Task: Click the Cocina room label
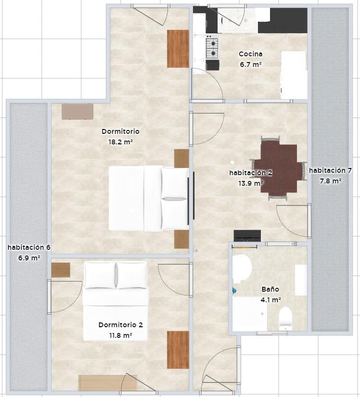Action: coord(250,54)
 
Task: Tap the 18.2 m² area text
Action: coord(121,142)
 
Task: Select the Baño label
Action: coord(270,289)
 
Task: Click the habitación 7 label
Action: coord(330,171)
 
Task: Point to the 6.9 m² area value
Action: coord(29,258)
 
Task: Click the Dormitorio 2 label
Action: coord(120,325)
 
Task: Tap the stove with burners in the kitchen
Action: coord(212,48)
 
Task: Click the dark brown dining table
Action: coord(279,168)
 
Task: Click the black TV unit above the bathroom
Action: coord(247,236)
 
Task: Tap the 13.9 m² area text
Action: coord(251,183)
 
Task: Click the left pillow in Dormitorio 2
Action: coord(100,275)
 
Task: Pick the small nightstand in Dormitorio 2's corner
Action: coord(61,270)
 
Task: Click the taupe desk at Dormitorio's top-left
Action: coord(77,112)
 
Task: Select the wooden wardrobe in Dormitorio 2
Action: coord(178,350)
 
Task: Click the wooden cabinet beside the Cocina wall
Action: coord(178,49)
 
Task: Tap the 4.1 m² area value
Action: coord(270,300)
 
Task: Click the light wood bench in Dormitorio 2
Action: coord(108,383)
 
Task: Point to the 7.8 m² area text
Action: coord(330,181)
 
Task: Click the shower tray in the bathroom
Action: coord(250,314)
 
